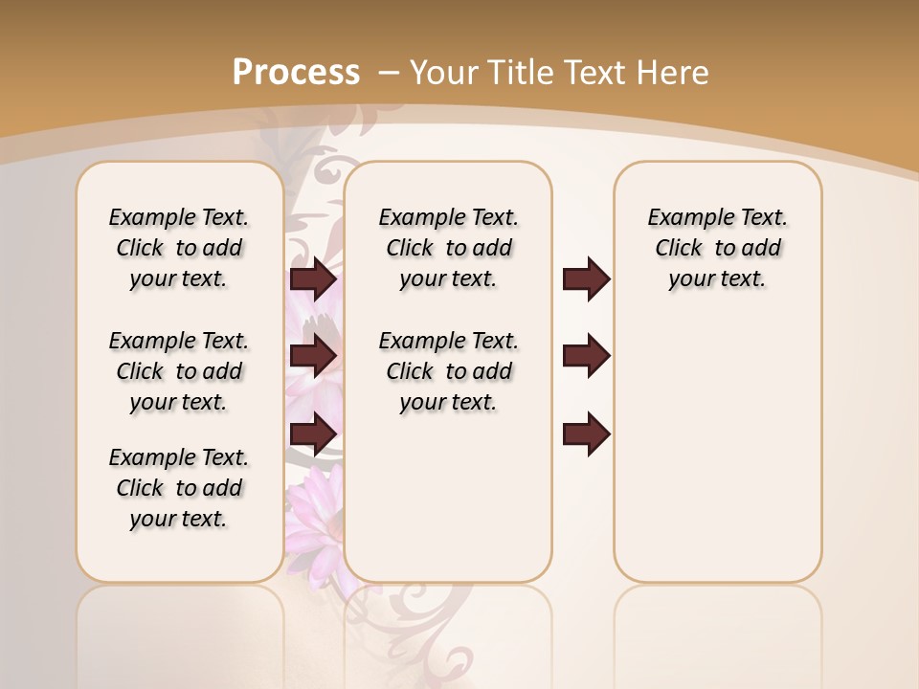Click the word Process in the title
point(296,73)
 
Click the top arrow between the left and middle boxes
point(313,279)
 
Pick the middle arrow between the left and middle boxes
point(313,356)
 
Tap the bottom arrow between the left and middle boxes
point(313,433)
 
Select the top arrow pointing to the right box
point(586,279)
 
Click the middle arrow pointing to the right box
point(586,356)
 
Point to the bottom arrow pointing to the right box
point(586,433)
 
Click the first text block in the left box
point(179,248)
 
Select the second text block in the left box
point(179,371)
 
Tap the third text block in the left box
point(179,488)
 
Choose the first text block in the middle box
point(449,248)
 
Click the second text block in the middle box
point(449,371)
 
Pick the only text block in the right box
point(718,248)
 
